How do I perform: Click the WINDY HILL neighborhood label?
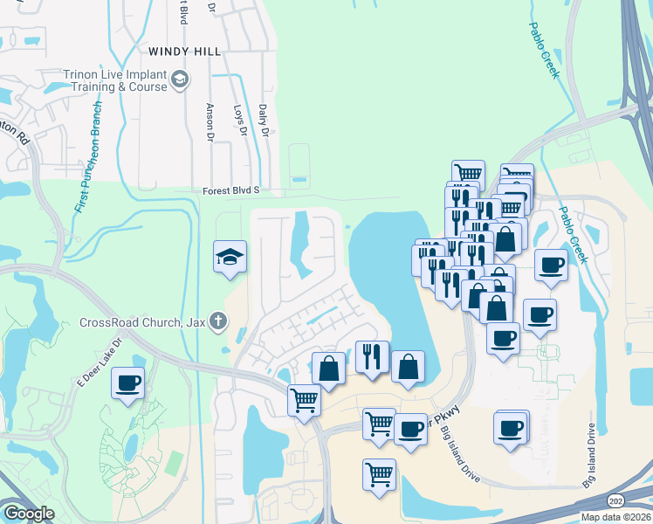click(184, 52)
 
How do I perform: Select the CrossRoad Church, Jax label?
click(142, 322)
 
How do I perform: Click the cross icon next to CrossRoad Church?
click(217, 322)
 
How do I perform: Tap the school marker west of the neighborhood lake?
click(230, 258)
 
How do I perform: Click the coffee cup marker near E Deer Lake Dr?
click(128, 383)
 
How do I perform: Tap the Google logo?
click(29, 514)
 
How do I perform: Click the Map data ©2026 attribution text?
click(615, 517)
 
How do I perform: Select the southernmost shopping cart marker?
click(380, 476)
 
